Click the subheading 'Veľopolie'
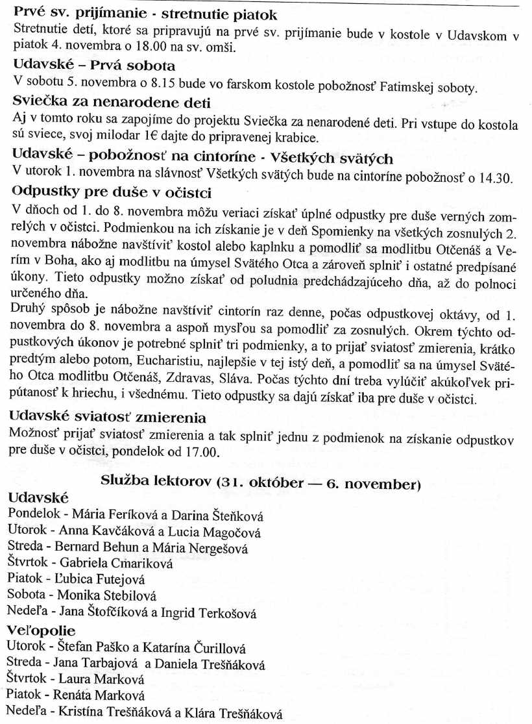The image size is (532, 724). point(42,630)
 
